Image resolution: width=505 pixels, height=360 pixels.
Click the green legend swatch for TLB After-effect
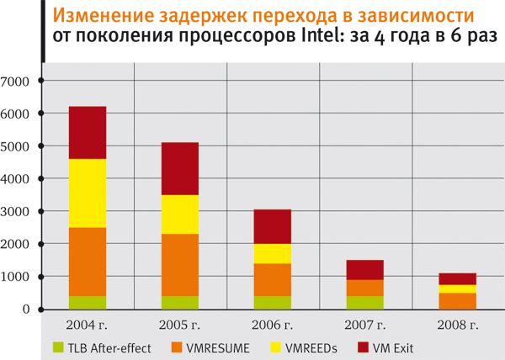[58, 346]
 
